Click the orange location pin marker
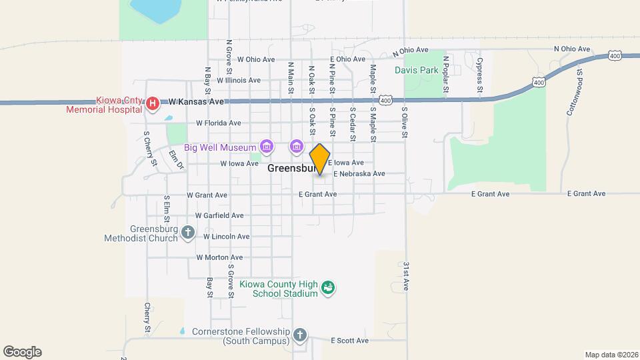pyautogui.click(x=320, y=159)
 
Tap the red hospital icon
pyautogui.click(x=153, y=103)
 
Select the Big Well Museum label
pyautogui.click(x=221, y=147)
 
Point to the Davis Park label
pyautogui.click(x=417, y=69)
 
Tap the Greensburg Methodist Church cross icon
pyautogui.click(x=188, y=232)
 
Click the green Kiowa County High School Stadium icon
pyautogui.click(x=328, y=288)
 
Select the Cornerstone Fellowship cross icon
pyautogui.click(x=300, y=334)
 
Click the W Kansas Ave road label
pyautogui.click(x=195, y=101)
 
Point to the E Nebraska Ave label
pyautogui.click(x=359, y=173)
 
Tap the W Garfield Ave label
pyautogui.click(x=219, y=215)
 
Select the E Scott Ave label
pyautogui.click(x=350, y=341)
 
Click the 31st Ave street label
pyautogui.click(x=405, y=275)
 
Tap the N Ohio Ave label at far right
pyautogui.click(x=573, y=49)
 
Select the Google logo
pyautogui.click(x=22, y=352)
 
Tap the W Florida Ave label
pyautogui.click(x=218, y=123)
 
